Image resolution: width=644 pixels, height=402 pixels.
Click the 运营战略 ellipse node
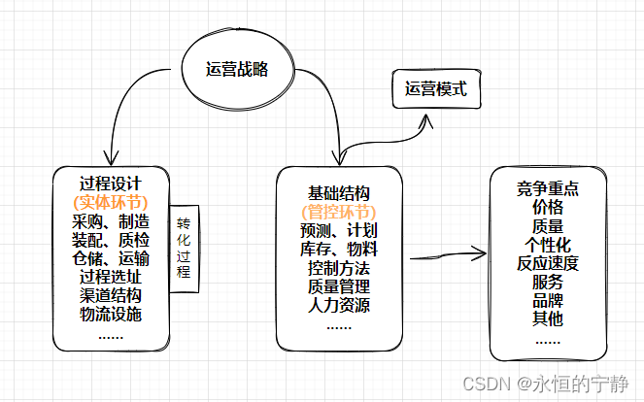click(x=236, y=69)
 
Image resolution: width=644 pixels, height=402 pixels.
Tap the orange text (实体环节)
click(x=110, y=202)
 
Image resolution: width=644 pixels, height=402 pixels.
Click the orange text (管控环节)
click(x=338, y=211)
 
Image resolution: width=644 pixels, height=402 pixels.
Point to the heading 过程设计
click(x=111, y=182)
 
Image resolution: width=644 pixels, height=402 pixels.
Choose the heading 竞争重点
click(x=548, y=188)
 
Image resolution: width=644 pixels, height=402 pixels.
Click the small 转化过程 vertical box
click(x=184, y=249)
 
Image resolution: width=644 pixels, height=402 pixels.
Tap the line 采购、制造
click(x=111, y=221)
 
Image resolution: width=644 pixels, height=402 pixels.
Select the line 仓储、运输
click(x=111, y=258)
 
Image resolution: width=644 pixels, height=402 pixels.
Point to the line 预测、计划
click(x=338, y=230)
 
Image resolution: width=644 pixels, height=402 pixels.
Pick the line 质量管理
click(x=338, y=286)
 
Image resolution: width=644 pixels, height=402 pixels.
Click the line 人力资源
click(x=338, y=305)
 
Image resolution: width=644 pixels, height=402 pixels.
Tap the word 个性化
click(x=548, y=244)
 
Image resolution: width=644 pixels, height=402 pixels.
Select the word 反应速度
click(x=548, y=262)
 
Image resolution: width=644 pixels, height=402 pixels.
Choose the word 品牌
click(x=548, y=299)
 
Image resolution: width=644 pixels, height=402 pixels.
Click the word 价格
click(x=548, y=207)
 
